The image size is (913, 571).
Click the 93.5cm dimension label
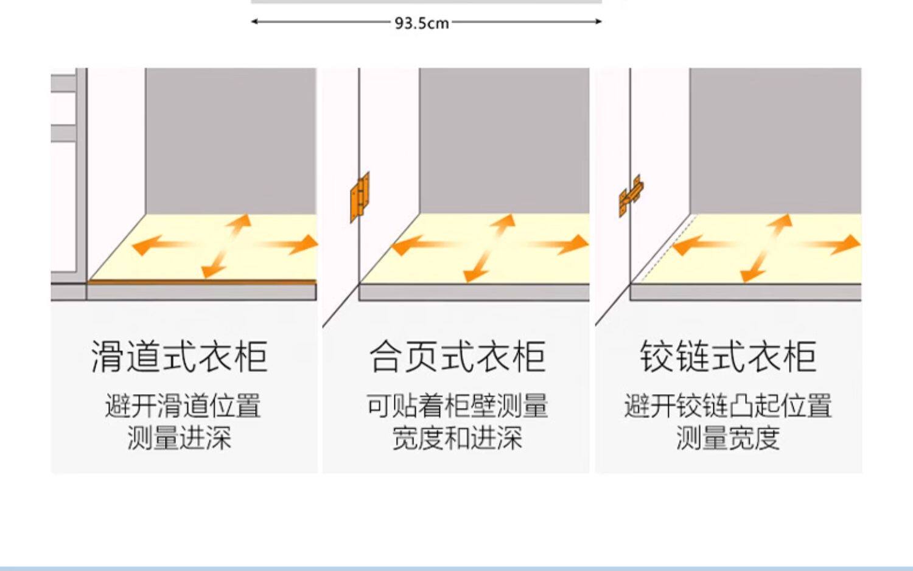[422, 23]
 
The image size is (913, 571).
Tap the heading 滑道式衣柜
[180, 356]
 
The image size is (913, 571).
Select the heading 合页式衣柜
[457, 356]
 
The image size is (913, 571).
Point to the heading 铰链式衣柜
[728, 356]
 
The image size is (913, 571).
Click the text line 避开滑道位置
[183, 406]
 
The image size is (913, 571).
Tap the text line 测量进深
[180, 438]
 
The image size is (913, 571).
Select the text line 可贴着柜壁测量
[457, 406]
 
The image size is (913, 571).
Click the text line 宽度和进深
[457, 438]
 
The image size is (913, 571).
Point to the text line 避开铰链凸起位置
[728, 406]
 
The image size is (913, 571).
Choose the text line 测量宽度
[728, 438]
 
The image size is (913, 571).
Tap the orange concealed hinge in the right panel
[631, 195]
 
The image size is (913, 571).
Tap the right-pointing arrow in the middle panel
[563, 244]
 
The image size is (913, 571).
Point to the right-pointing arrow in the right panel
[834, 245]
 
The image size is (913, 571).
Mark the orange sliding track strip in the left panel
[201, 282]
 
